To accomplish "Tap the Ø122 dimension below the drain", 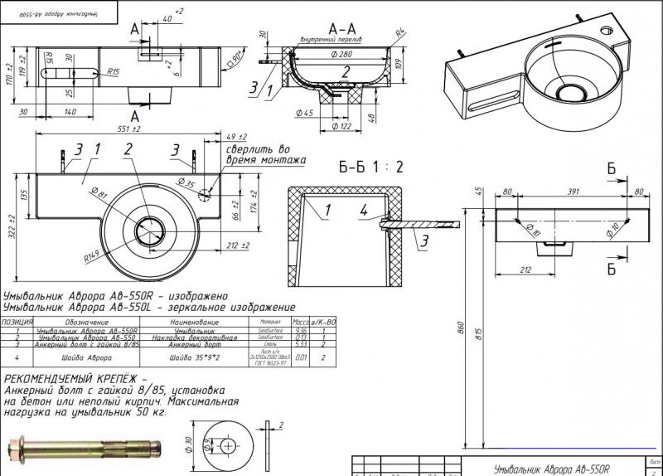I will pos(340,126).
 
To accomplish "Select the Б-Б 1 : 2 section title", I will pos(371,166).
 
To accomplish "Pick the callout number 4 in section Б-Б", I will pos(364,211).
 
